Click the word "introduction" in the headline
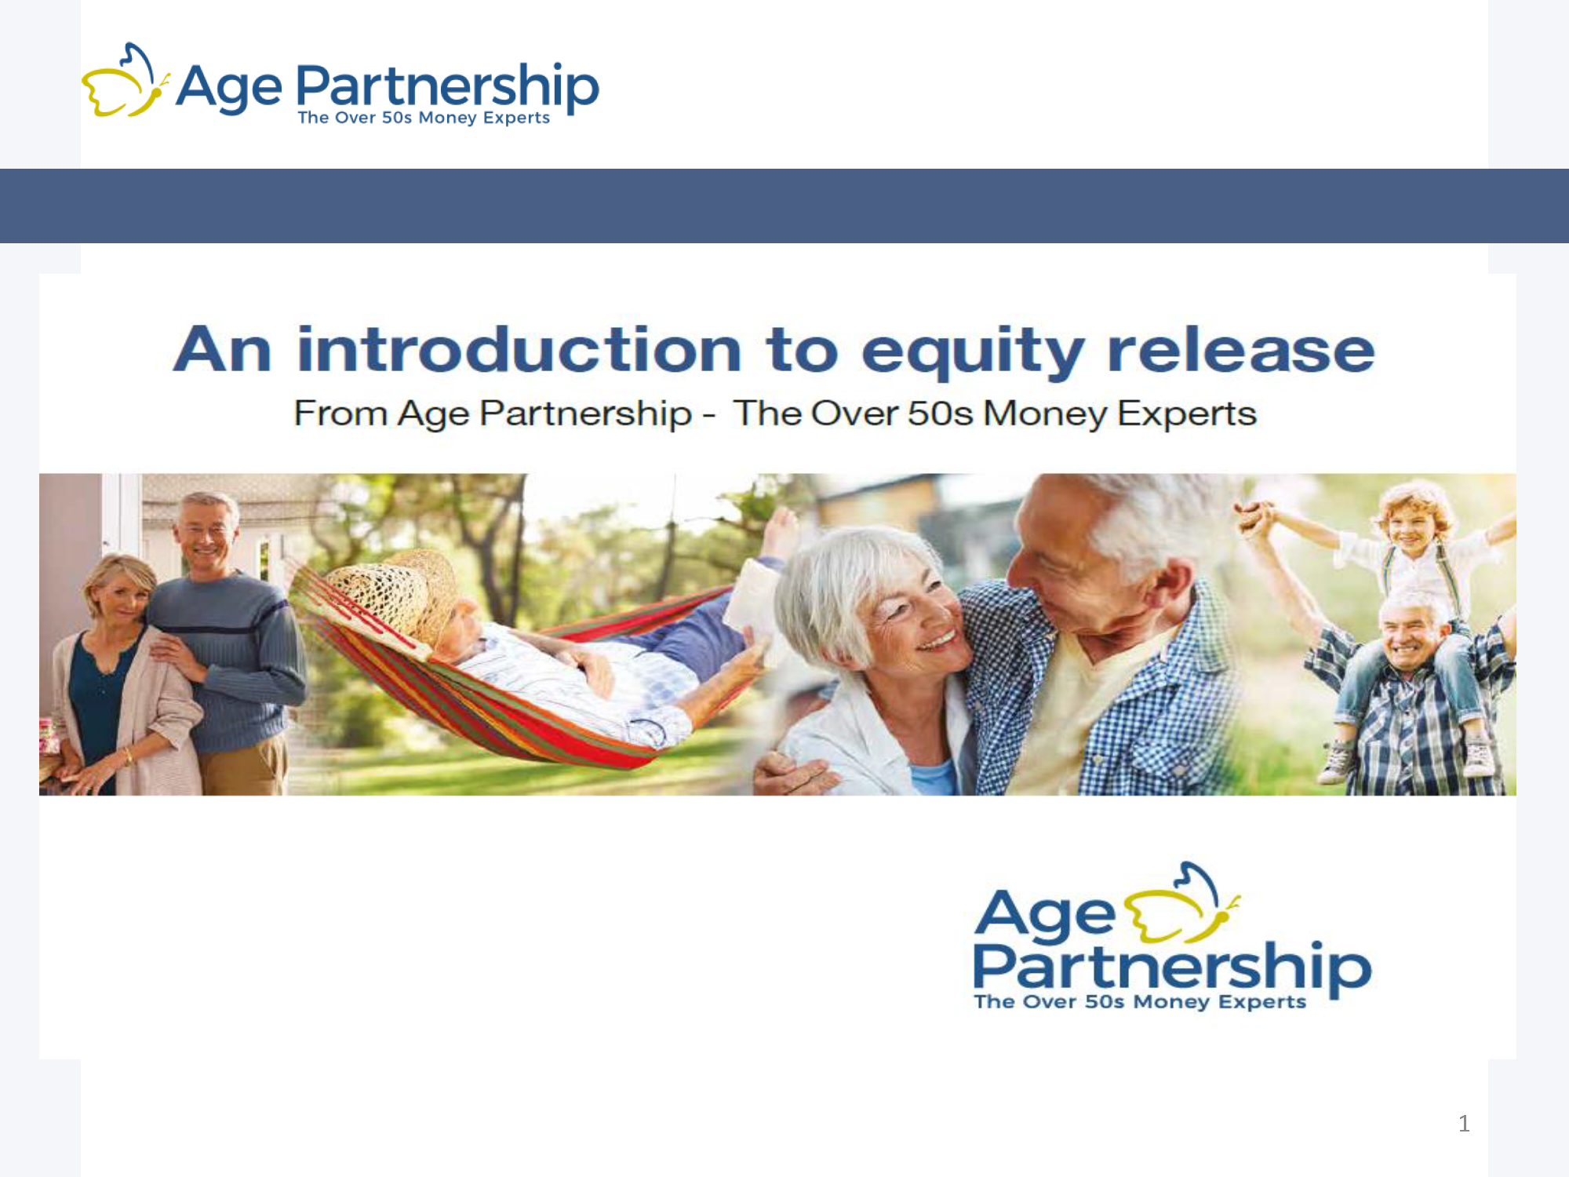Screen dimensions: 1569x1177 [x=519, y=349]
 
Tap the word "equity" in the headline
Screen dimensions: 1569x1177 [x=973, y=352]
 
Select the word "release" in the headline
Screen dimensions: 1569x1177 [x=1241, y=349]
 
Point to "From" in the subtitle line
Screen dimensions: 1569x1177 [x=340, y=414]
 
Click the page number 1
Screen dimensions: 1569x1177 [x=1464, y=1124]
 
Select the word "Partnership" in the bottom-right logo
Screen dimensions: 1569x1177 [x=1172, y=968]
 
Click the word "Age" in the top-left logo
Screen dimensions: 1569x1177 [x=229, y=88]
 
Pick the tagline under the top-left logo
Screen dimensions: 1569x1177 [x=424, y=118]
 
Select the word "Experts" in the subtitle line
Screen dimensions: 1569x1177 [x=1187, y=414]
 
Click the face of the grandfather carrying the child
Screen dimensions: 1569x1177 [x=1410, y=632]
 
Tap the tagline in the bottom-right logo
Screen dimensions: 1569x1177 [x=1140, y=1002]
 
